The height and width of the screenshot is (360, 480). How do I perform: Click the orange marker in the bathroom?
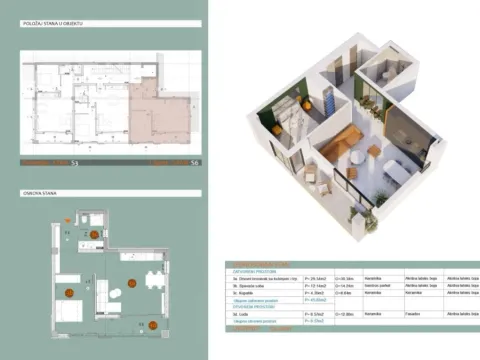(x=94, y=233)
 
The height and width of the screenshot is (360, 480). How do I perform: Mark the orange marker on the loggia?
(x=153, y=323)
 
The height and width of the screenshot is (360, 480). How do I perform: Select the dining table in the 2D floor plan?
(x=151, y=279)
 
